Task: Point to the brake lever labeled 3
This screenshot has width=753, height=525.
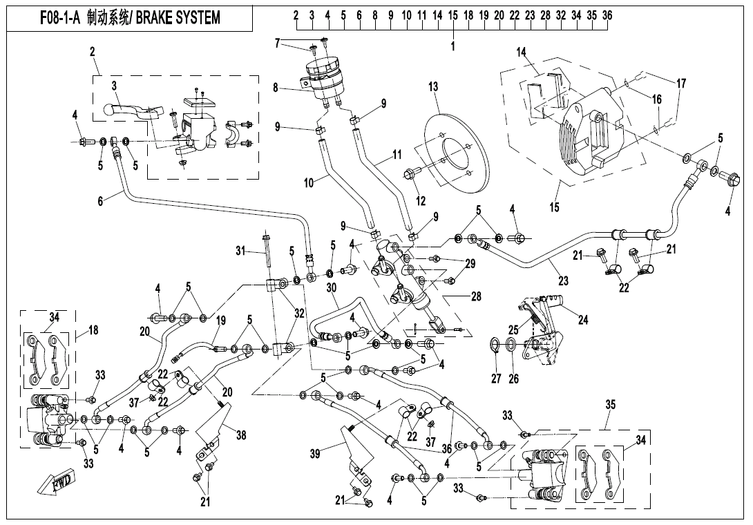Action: point(131,111)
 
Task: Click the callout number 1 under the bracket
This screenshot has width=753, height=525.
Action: point(453,47)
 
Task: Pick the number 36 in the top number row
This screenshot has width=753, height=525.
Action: point(607,15)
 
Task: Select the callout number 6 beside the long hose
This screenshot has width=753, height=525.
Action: point(100,201)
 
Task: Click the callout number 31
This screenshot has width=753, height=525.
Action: point(240,249)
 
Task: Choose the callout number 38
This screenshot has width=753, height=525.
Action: point(240,435)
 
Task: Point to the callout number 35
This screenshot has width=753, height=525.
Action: point(609,403)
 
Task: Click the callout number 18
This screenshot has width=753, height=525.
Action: point(93,330)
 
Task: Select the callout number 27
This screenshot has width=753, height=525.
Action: point(496,379)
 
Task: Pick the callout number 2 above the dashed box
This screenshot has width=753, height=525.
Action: point(93,51)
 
